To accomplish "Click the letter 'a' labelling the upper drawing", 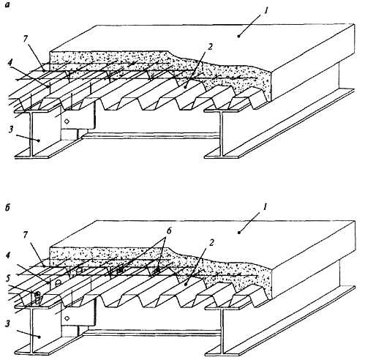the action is pos(7,5).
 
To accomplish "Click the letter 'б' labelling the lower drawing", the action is pos(7,208).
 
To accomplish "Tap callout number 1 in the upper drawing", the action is pos(266,11).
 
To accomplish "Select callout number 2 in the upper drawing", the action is pos(210,47).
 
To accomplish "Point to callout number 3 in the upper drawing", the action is pos(11,130).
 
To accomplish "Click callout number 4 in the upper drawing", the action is pos(10,62).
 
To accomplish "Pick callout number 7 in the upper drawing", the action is pos(26,39).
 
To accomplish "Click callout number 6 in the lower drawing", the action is pos(169,231).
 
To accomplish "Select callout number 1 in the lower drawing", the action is pos(266,207).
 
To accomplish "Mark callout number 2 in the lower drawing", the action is pos(211,243).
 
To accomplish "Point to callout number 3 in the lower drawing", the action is pos(7,323).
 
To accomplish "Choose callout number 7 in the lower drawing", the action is pos(26,235).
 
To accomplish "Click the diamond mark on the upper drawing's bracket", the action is pos(67,121).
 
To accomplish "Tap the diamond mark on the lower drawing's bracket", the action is pos(67,318).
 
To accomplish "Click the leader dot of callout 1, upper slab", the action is pos(239,36).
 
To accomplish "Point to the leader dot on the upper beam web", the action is pos(39,140).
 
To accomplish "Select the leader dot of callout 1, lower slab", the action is pos(239,233).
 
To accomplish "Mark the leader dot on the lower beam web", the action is pos(39,337).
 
